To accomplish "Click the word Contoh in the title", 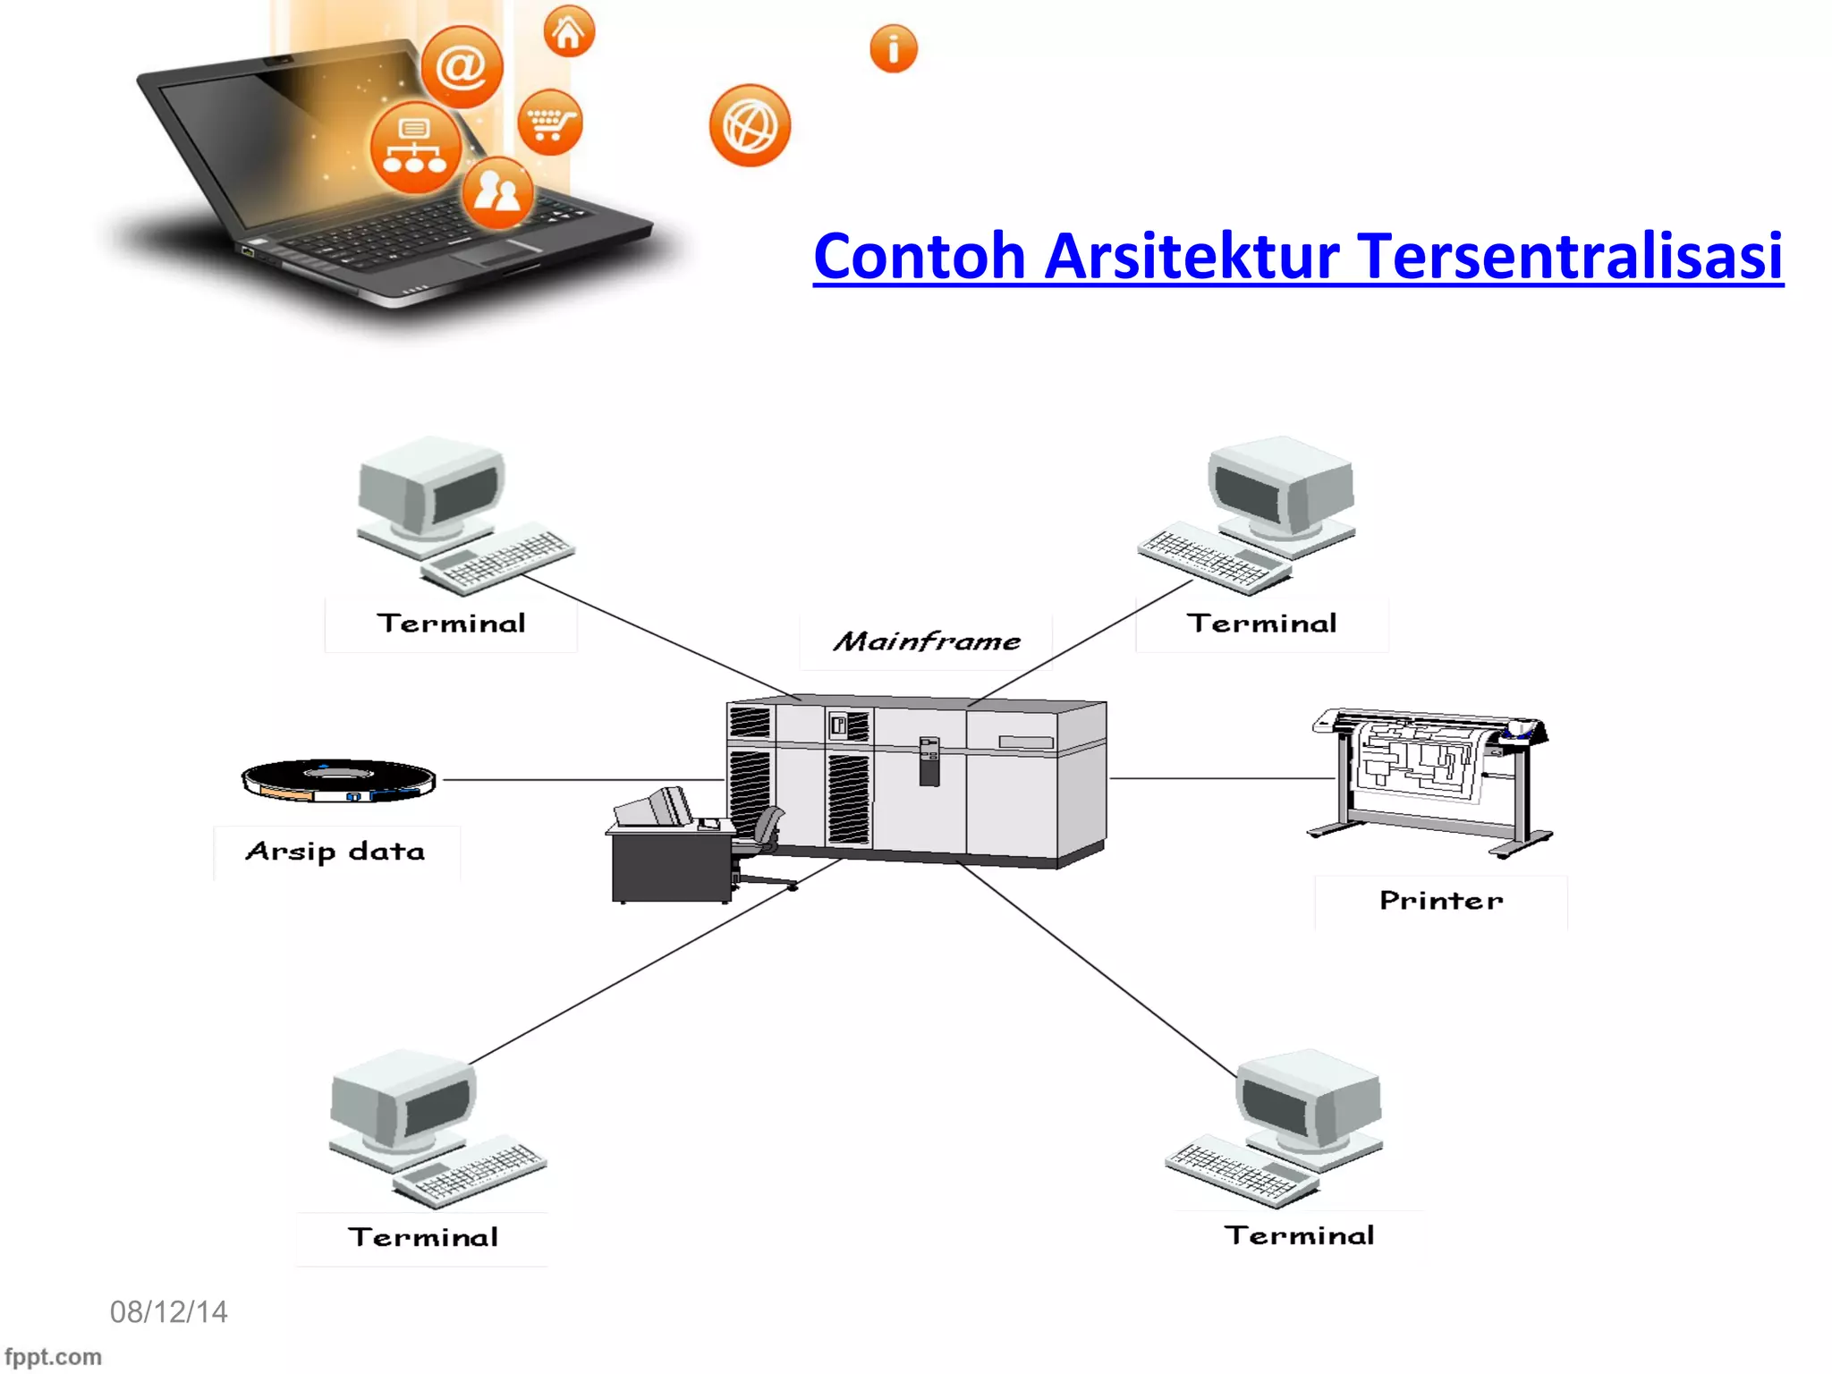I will click(x=919, y=257).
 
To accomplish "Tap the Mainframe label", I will click(x=927, y=641).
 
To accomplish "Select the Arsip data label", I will click(x=335, y=852).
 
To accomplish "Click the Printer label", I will click(x=1440, y=901).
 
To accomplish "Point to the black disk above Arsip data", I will click(x=338, y=780).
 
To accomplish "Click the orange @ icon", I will click(x=462, y=67).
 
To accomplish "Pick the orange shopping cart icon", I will click(x=549, y=123).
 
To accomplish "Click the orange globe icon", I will click(x=750, y=126).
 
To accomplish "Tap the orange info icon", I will click(x=893, y=49).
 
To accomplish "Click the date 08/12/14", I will click(x=168, y=1312).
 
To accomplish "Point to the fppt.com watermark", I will click(x=53, y=1357).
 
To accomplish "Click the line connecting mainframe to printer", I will click(x=1221, y=778).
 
